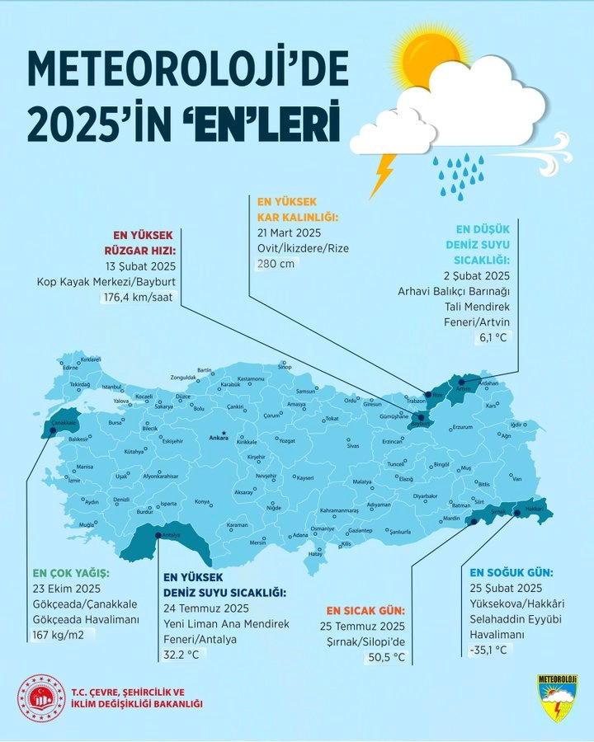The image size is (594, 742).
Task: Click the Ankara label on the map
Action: tap(219, 437)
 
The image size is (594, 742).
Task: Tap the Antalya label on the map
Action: tap(172, 534)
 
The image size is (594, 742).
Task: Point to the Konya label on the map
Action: tap(202, 501)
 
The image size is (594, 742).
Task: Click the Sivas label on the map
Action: tap(353, 445)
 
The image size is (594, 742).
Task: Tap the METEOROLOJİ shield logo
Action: tap(556, 697)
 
